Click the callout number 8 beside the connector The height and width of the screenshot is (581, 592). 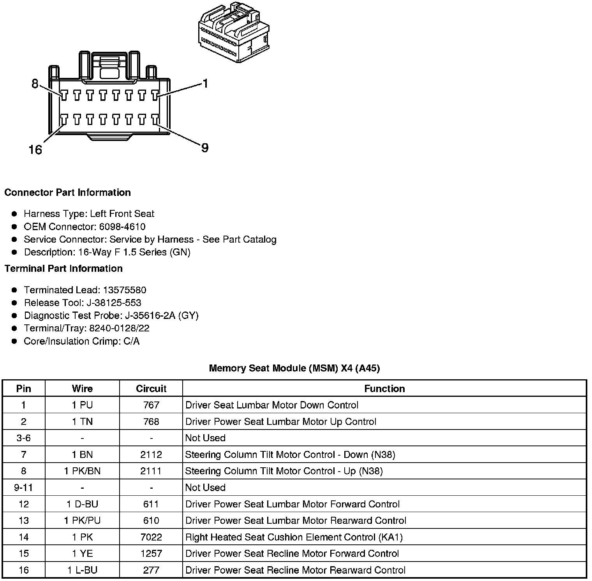click(x=35, y=84)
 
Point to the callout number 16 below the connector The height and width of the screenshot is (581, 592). click(x=35, y=150)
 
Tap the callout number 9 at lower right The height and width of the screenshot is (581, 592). click(x=205, y=148)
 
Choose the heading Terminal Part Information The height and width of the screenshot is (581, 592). click(x=63, y=269)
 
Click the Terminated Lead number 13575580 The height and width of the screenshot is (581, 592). click(x=125, y=290)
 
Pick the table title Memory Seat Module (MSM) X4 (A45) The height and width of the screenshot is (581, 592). click(x=294, y=368)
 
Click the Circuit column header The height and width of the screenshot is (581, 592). click(x=151, y=389)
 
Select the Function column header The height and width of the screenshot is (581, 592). click(x=384, y=389)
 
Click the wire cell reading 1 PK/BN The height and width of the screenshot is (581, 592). click(x=82, y=471)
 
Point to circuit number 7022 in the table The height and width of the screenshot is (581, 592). click(x=151, y=537)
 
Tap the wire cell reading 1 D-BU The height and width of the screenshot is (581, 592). click(x=82, y=504)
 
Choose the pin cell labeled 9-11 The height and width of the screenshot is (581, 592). click(x=24, y=488)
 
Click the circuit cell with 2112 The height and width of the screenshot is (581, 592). click(x=151, y=455)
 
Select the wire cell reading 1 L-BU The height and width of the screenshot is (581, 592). click(x=82, y=570)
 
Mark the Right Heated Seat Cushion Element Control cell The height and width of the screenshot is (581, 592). click(x=294, y=537)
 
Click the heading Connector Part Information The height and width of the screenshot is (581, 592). click(x=67, y=193)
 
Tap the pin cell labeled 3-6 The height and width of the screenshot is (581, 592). click(x=24, y=438)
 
